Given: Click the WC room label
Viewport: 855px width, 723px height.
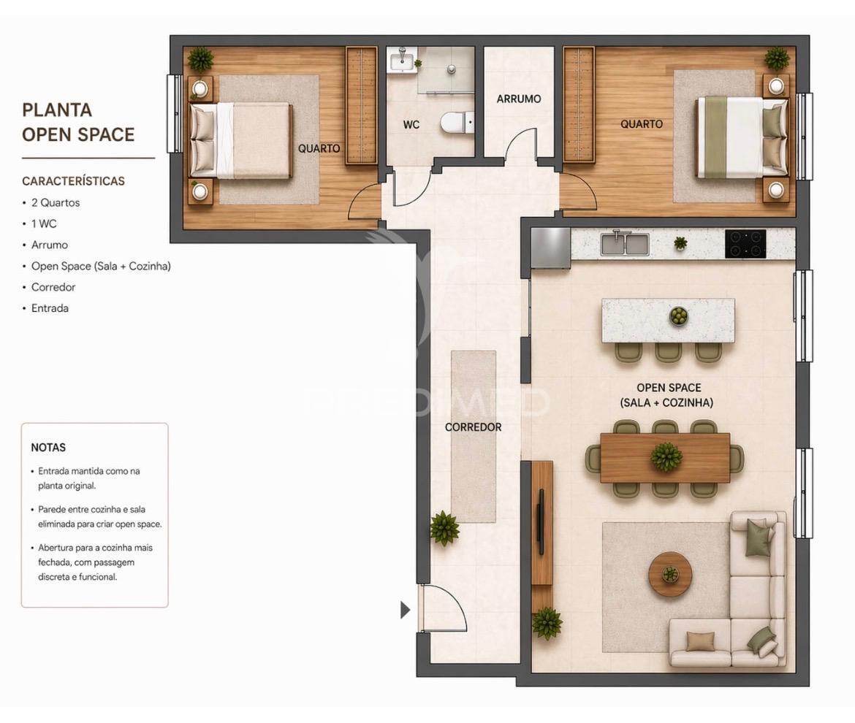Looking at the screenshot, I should [411, 125].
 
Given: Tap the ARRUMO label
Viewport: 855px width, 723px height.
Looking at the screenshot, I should [519, 99].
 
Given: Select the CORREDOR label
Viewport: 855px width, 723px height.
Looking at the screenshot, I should [473, 427].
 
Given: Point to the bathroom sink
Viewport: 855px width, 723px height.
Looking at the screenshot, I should [401, 61].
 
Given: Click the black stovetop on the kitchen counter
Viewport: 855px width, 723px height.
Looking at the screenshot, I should [745, 244].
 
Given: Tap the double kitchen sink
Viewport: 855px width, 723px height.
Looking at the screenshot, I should [624, 244].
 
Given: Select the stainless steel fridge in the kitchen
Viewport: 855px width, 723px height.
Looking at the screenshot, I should [550, 248].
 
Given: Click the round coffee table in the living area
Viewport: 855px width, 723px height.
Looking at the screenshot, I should [670, 574].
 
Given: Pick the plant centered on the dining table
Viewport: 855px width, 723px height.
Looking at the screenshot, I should [666, 457].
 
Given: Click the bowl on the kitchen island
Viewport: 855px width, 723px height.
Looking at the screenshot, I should [679, 316].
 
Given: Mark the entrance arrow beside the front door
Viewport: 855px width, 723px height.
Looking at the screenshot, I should [405, 610].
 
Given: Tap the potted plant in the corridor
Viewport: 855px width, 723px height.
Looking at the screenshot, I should [444, 528].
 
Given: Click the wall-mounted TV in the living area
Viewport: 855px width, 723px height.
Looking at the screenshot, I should [540, 522].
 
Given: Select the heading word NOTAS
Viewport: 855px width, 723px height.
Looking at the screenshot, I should [48, 448].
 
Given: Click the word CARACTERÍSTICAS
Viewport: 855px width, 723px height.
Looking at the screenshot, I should [73, 181].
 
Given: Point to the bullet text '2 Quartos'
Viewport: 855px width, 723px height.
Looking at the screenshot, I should [56, 203].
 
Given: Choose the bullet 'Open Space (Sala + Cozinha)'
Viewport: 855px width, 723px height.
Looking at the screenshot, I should [101, 267].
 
